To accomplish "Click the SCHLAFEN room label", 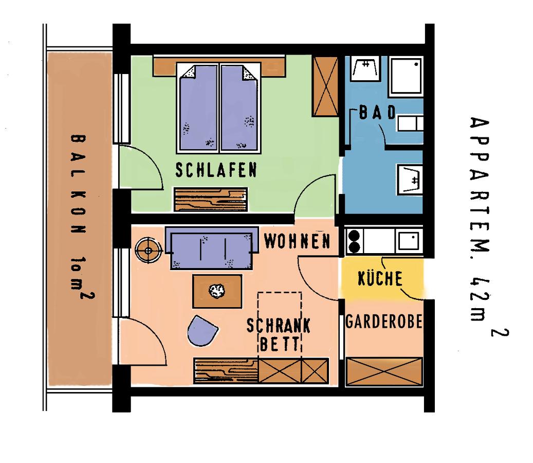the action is click(216, 170).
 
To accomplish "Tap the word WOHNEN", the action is click(297, 241).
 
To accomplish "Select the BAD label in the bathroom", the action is click(378, 113).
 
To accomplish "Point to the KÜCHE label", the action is click(380, 278).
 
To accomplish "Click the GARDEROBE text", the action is click(384, 322).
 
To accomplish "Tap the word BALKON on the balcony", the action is click(78, 184).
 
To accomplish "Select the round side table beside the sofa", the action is click(148, 251).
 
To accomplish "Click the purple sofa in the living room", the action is click(211, 247).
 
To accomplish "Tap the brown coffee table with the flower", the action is click(217, 291).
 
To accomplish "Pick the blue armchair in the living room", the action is click(202, 331).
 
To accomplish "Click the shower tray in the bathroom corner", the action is click(406, 75).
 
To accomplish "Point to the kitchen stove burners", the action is click(354, 241).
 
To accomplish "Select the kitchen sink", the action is click(409, 241).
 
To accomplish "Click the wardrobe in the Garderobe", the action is click(384, 371).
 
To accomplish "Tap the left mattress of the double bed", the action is click(198, 108).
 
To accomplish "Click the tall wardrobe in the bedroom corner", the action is click(325, 86).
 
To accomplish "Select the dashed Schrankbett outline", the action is click(280, 326).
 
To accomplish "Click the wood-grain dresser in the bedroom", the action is click(211, 200).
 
